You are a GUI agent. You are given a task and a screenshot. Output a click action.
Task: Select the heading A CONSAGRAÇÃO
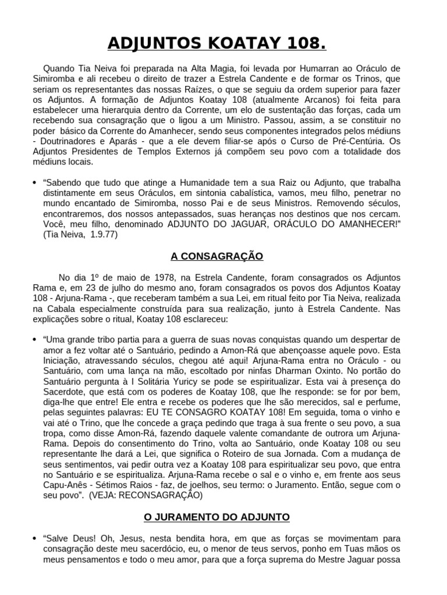(217, 256)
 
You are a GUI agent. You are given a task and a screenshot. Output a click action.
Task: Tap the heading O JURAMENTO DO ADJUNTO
(217, 517)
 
